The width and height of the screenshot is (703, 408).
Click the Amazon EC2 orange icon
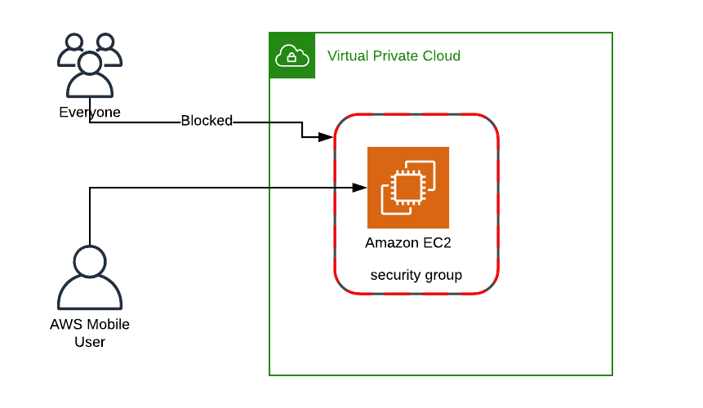pyautogui.click(x=407, y=188)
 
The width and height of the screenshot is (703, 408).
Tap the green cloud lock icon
pyautogui.click(x=292, y=55)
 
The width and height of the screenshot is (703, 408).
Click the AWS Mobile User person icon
pyautogui.click(x=90, y=277)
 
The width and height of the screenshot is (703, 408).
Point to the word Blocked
pyautogui.click(x=207, y=121)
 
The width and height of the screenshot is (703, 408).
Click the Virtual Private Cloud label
pyautogui.click(x=394, y=55)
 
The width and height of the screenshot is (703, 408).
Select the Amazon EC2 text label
pyautogui.click(x=407, y=242)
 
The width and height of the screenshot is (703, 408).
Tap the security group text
pyautogui.click(x=416, y=275)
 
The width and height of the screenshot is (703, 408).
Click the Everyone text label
pyautogui.click(x=90, y=112)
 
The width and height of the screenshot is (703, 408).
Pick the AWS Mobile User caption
pyautogui.click(x=90, y=333)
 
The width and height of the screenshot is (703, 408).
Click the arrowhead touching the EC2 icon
pyautogui.click(x=358, y=188)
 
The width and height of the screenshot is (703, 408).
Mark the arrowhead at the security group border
pyautogui.click(x=328, y=136)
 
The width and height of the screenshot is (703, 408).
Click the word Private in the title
pyautogui.click(x=396, y=55)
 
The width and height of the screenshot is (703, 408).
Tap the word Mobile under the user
pyautogui.click(x=108, y=324)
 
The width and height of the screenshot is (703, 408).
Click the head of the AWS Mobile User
pyautogui.click(x=90, y=262)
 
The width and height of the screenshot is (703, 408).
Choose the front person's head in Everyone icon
pyautogui.click(x=90, y=61)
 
